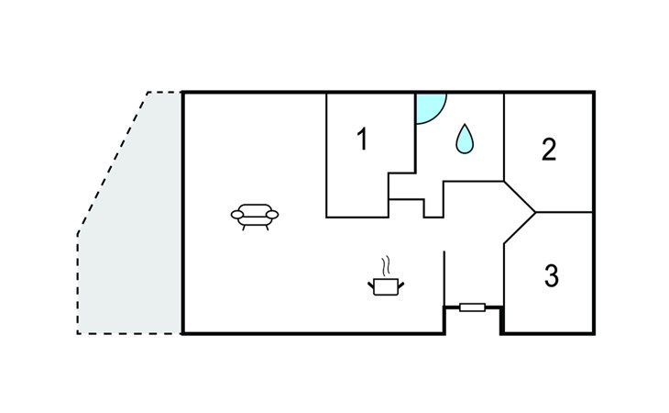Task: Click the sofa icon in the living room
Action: click(x=255, y=217)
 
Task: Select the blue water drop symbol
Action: click(x=465, y=139)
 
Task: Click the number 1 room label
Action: click(x=362, y=140)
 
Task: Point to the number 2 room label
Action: click(x=549, y=150)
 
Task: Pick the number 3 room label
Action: click(x=552, y=275)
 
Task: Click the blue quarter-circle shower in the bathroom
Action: click(x=429, y=106)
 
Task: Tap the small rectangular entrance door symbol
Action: click(x=472, y=307)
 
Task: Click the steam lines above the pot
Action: click(x=386, y=266)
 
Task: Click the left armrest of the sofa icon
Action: click(x=237, y=215)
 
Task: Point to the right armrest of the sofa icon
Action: click(x=272, y=215)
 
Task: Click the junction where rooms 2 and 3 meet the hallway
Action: click(x=535, y=212)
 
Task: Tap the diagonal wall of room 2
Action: click(x=520, y=196)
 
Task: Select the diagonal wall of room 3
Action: click(x=520, y=228)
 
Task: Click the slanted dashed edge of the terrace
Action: click(x=113, y=163)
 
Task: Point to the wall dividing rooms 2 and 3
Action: click(x=564, y=212)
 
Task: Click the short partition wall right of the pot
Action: click(x=444, y=278)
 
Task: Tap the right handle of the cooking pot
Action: click(x=401, y=285)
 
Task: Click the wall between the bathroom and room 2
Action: click(x=504, y=137)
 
